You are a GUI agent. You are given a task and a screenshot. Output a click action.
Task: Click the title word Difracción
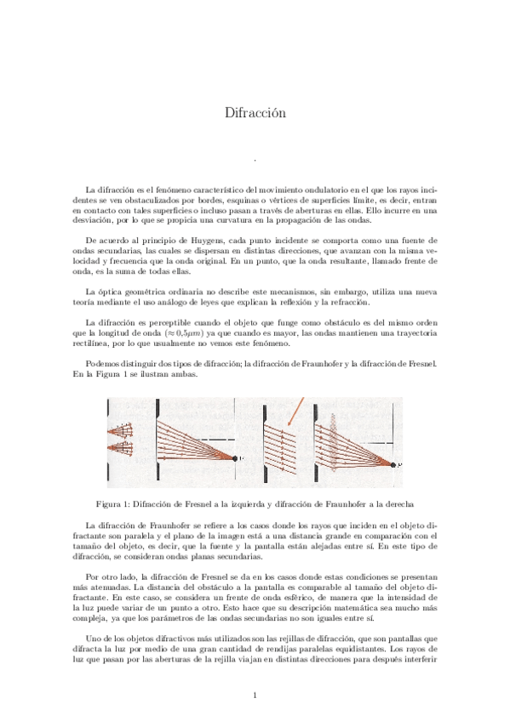[x=255, y=113]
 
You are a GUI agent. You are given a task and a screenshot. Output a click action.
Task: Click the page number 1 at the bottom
[x=255, y=697]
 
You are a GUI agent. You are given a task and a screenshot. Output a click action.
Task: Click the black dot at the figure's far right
[x=393, y=464]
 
